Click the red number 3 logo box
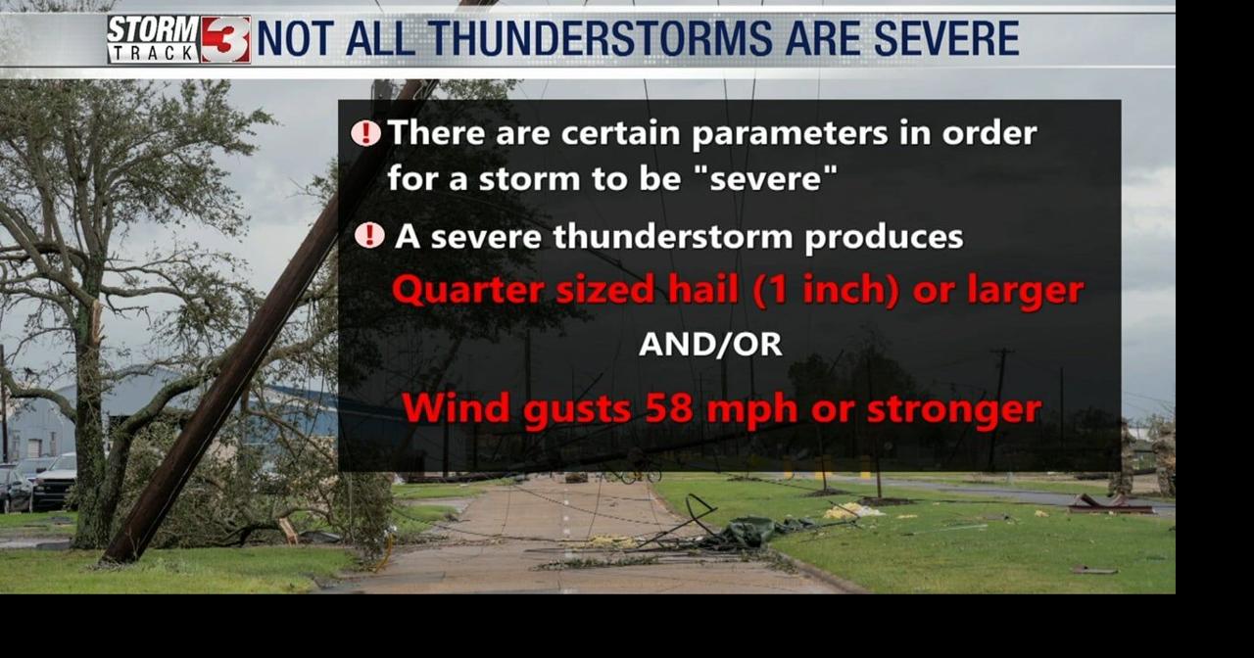click(x=226, y=40)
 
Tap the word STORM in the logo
click(x=153, y=28)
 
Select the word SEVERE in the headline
click(x=946, y=39)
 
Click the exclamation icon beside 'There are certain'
click(x=365, y=133)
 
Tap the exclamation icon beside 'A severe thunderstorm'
click(x=369, y=236)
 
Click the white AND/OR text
click(x=710, y=345)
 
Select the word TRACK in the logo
click(x=153, y=54)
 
